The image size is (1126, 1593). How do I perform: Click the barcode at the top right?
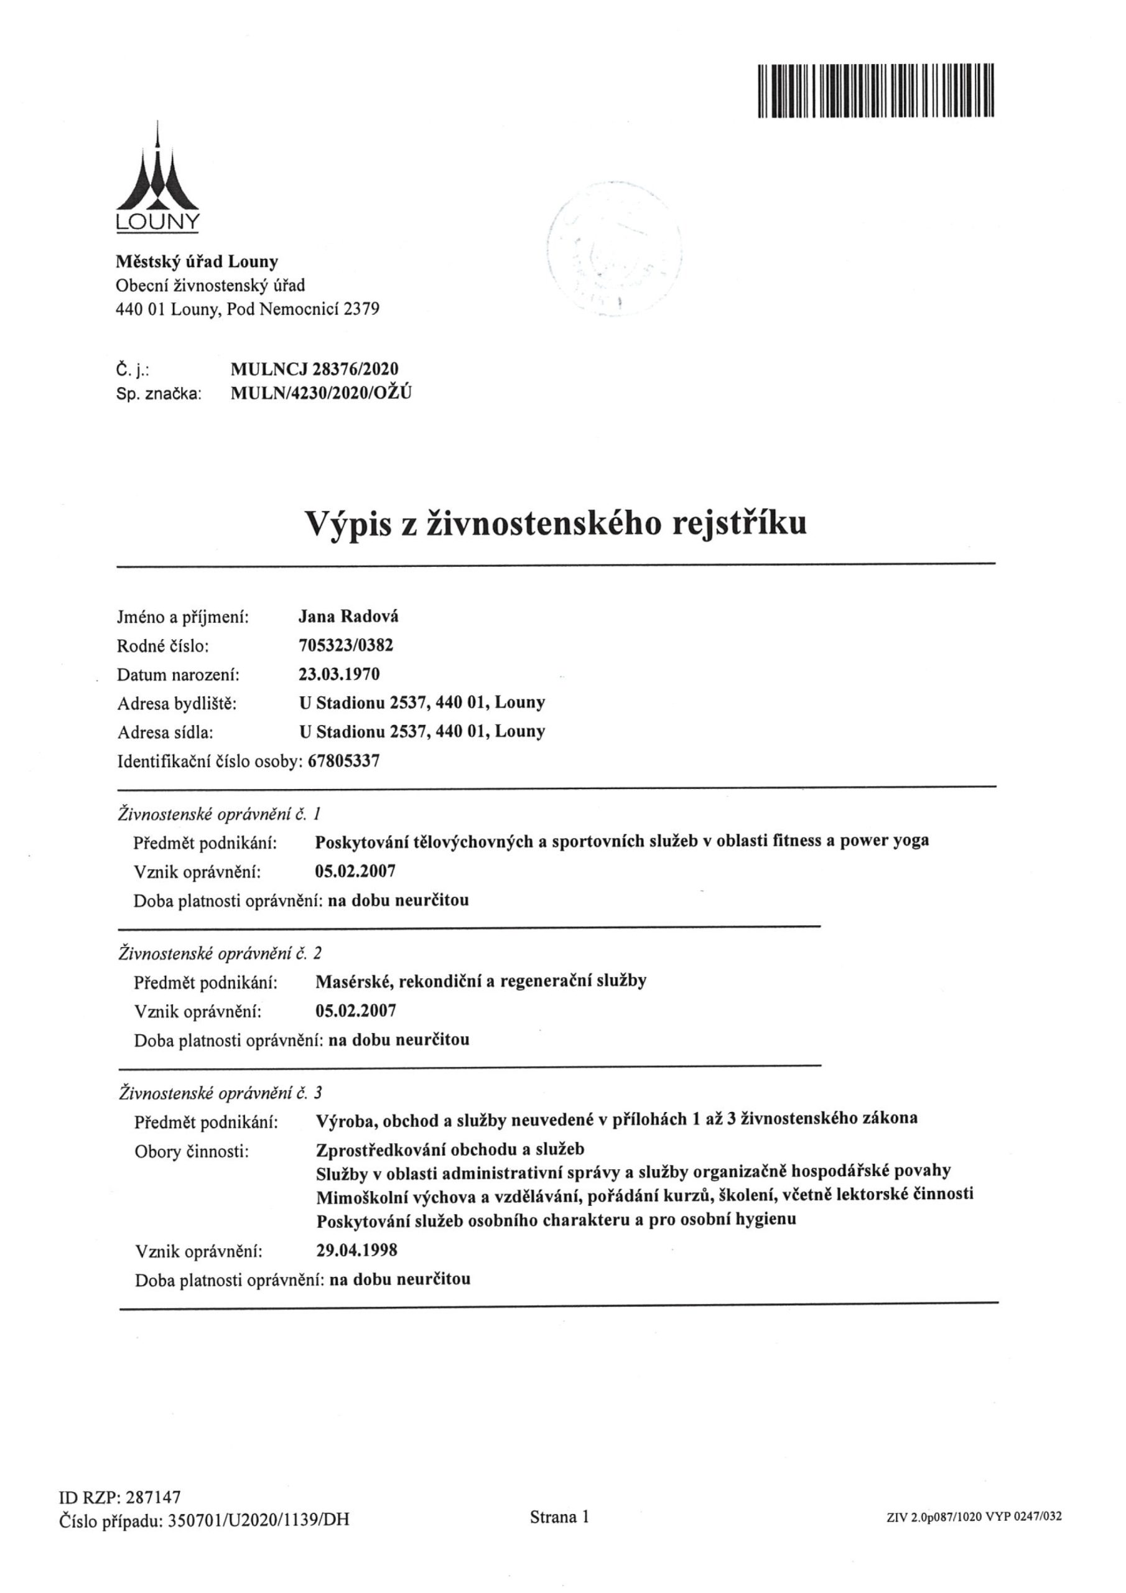877,90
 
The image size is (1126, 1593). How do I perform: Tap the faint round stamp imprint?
613,250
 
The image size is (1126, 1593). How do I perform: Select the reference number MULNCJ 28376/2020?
314,369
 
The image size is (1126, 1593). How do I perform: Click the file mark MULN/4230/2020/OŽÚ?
320,394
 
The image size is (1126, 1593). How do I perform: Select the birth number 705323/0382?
345,645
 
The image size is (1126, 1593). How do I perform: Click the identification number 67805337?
343,761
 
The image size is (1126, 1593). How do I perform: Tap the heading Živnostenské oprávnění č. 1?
220,813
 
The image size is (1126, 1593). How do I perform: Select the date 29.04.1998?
356,1250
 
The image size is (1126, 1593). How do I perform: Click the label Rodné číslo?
163,646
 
